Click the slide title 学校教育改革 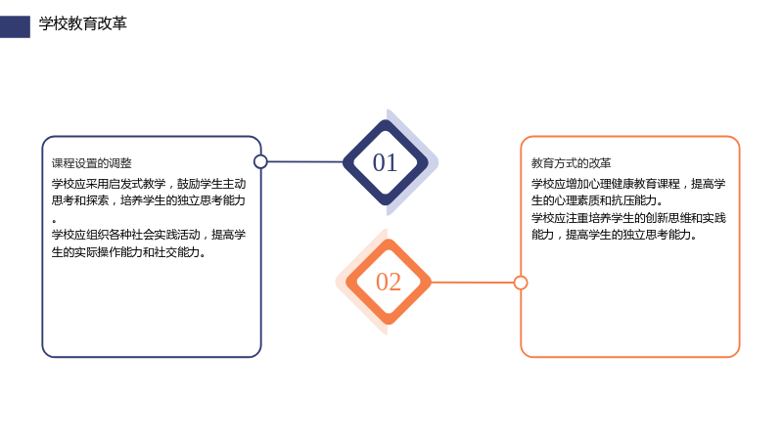point(83,23)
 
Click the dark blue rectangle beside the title point(15,27)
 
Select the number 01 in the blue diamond point(385,162)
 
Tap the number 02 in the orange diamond point(389,282)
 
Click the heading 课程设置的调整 point(92,163)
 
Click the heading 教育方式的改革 point(572,163)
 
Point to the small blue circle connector point(260,161)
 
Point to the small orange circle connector point(521,283)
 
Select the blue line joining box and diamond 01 point(305,161)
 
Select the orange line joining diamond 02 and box point(473,283)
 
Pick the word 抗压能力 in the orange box point(634,200)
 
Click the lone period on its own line point(54,220)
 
